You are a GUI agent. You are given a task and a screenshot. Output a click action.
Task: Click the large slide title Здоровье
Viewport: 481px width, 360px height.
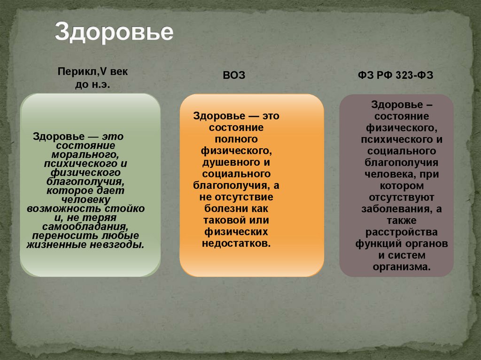(x=114, y=32)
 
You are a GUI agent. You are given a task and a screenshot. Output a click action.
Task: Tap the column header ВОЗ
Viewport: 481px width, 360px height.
(x=233, y=76)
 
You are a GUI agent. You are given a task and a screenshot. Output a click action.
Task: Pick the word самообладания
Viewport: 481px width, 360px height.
(x=82, y=227)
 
